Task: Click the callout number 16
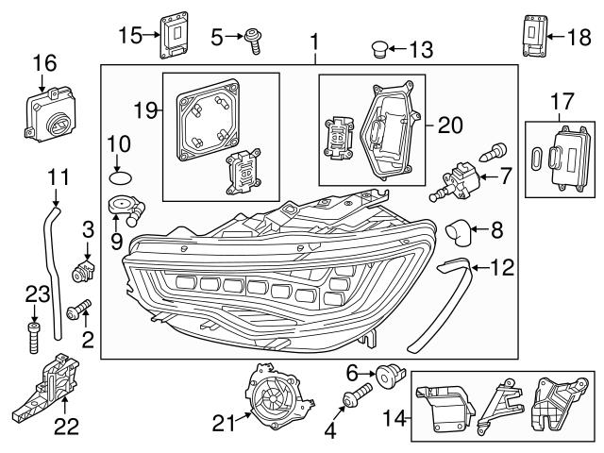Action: pos(45,62)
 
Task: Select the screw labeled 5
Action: pos(253,38)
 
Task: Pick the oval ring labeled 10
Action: pos(119,175)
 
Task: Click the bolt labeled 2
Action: pos(80,307)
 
